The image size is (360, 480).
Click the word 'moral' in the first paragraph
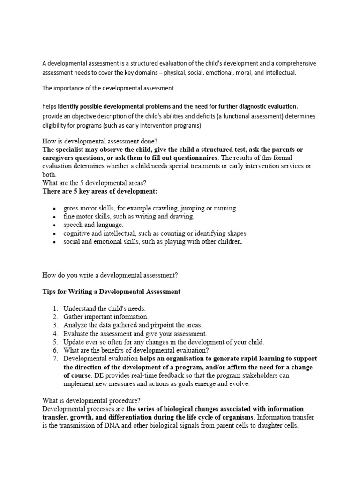233,73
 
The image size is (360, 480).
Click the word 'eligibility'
55,125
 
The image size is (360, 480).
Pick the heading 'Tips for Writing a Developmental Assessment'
111,292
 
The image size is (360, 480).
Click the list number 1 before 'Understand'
55,308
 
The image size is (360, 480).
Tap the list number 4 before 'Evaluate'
55,334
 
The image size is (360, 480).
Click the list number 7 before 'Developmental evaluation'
55,359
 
